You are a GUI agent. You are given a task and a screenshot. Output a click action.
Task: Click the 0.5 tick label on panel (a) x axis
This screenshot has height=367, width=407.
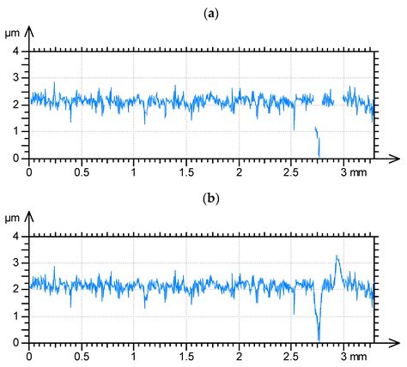[x=82, y=171]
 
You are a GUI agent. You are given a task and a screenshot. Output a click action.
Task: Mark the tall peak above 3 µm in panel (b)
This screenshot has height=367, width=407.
[x=337, y=256]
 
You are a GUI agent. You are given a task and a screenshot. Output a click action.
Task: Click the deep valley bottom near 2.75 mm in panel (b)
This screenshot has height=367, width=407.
[x=319, y=340]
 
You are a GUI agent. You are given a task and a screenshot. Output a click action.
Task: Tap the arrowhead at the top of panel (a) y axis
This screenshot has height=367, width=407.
[x=31, y=33]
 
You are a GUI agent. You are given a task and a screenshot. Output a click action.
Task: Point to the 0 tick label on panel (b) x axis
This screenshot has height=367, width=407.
[x=30, y=355]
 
